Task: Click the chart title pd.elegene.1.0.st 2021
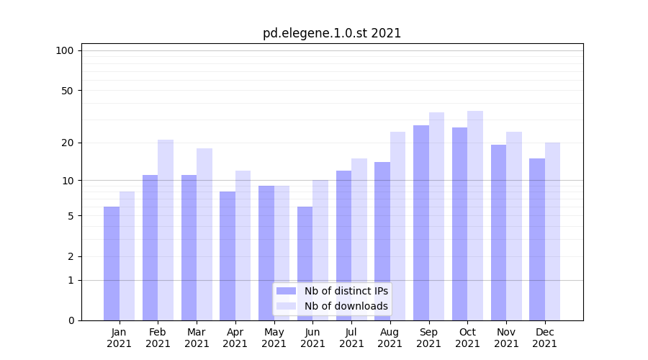332,33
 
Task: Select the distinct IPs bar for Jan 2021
112,264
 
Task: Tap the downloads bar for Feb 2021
166,230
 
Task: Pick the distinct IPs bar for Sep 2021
421,223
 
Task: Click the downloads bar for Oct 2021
475,216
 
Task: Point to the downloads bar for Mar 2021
204,235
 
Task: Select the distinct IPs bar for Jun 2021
305,264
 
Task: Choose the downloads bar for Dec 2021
552,232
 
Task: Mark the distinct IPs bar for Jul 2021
343,246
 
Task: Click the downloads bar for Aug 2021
398,226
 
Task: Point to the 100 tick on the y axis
65,50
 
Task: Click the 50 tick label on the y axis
68,91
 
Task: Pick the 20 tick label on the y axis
68,143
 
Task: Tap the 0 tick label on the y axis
71,320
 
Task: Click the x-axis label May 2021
274,338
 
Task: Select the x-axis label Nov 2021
506,338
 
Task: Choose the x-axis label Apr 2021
235,338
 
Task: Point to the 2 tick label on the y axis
71,256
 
